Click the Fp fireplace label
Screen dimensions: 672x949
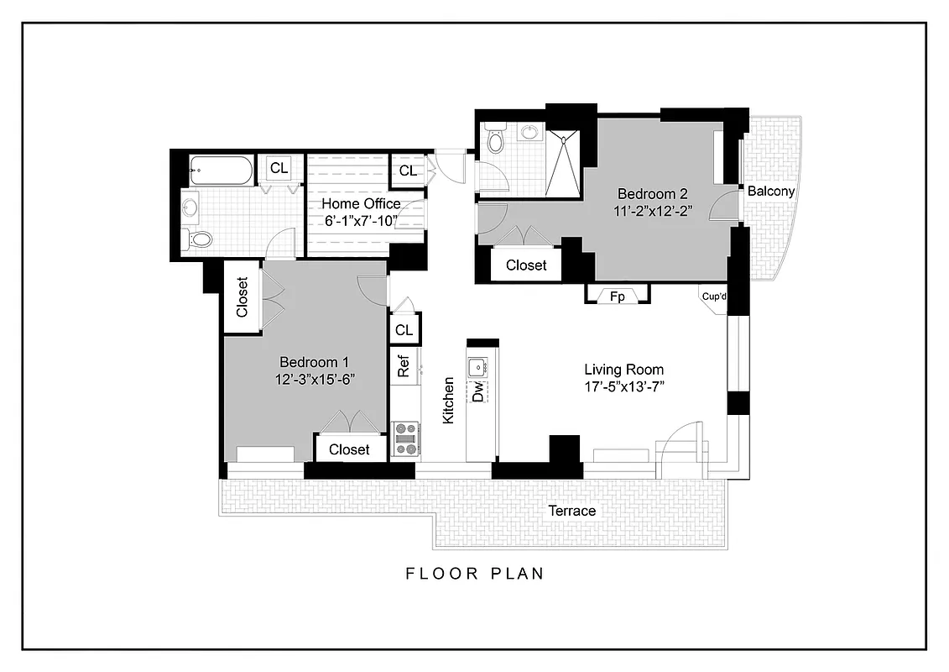[617, 296]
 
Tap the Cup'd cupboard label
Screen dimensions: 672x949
[714, 295]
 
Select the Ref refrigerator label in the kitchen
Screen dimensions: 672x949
[404, 366]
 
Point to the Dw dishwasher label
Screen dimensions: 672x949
[478, 391]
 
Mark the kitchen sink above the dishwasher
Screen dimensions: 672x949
[477, 365]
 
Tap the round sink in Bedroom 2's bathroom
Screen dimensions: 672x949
[529, 132]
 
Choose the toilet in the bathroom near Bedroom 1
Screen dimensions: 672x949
[201, 239]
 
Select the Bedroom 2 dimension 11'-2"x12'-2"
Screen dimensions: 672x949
[652, 211]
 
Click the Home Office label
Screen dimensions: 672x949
[361, 204]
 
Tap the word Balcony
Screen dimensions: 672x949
[771, 192]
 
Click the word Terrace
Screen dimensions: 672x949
[571, 511]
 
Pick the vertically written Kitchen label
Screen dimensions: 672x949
[449, 400]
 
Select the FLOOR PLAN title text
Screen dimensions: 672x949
[475, 574]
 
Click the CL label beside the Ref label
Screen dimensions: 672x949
[404, 330]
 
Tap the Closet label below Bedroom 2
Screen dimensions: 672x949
[526, 265]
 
